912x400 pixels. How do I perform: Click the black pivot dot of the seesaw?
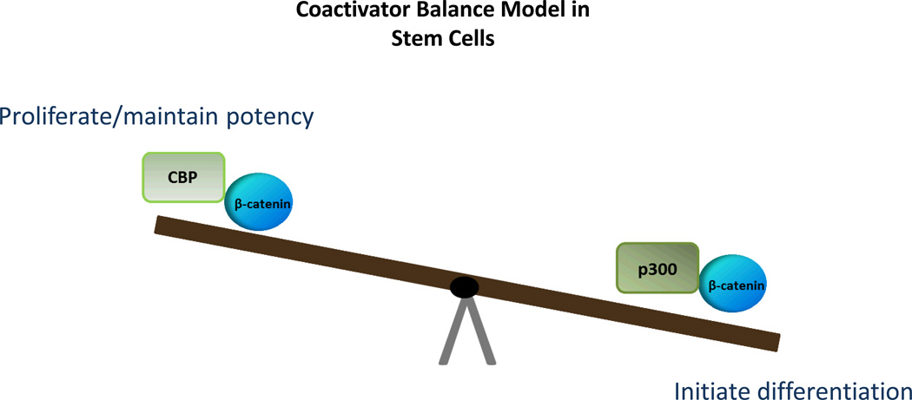click(x=465, y=287)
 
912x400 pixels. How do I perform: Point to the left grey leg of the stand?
click(x=449, y=333)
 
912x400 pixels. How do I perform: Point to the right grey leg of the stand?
click(x=481, y=333)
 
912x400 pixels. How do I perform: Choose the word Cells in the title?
click(x=472, y=39)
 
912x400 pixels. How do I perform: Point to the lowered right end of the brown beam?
click(x=772, y=342)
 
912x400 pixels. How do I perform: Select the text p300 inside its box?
click(x=657, y=269)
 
